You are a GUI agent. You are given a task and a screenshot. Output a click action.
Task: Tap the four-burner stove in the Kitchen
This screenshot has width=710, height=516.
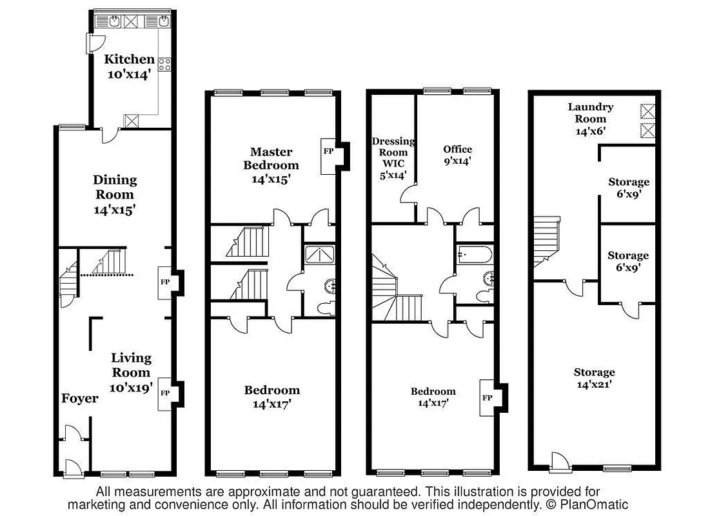pos(164,64)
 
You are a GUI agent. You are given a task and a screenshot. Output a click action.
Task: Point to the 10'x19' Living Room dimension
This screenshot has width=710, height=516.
pos(131,388)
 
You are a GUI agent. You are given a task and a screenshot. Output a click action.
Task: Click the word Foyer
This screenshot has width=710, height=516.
pos(80,399)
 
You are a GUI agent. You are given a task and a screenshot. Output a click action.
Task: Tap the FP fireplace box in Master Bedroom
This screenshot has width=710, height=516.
pos(328,152)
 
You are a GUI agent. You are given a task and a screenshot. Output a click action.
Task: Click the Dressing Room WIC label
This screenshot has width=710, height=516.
pos(393,152)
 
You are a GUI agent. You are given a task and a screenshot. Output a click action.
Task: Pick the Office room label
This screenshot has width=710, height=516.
pos(457,149)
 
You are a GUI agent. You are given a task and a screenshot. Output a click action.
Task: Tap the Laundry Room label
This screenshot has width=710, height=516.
pos(590,113)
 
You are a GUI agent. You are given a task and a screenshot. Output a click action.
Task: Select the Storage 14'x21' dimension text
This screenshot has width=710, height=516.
pos(594,384)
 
